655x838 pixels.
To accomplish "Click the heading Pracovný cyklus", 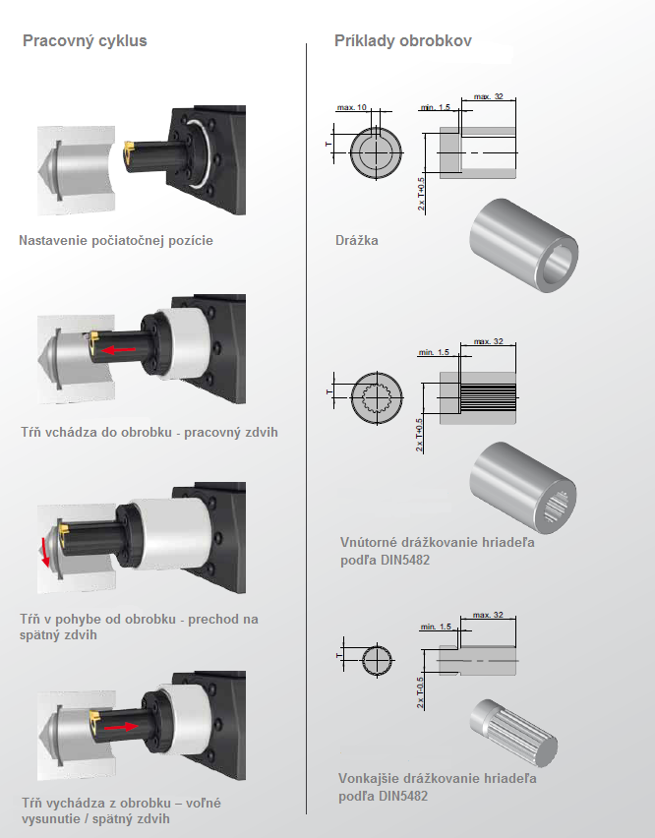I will coord(85,41).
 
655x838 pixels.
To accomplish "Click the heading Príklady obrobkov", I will coord(403,41).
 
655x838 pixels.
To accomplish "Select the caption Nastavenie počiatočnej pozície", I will coord(116,240).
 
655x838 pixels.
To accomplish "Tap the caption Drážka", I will coord(357,240).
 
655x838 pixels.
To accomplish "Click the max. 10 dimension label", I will coord(351,106).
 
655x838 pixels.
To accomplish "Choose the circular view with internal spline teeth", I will coord(377,399).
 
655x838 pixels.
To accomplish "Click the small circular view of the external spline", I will coord(376,659).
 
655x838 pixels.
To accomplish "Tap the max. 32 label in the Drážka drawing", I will coord(488,97).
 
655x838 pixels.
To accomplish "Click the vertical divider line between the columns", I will coord(307,423).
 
